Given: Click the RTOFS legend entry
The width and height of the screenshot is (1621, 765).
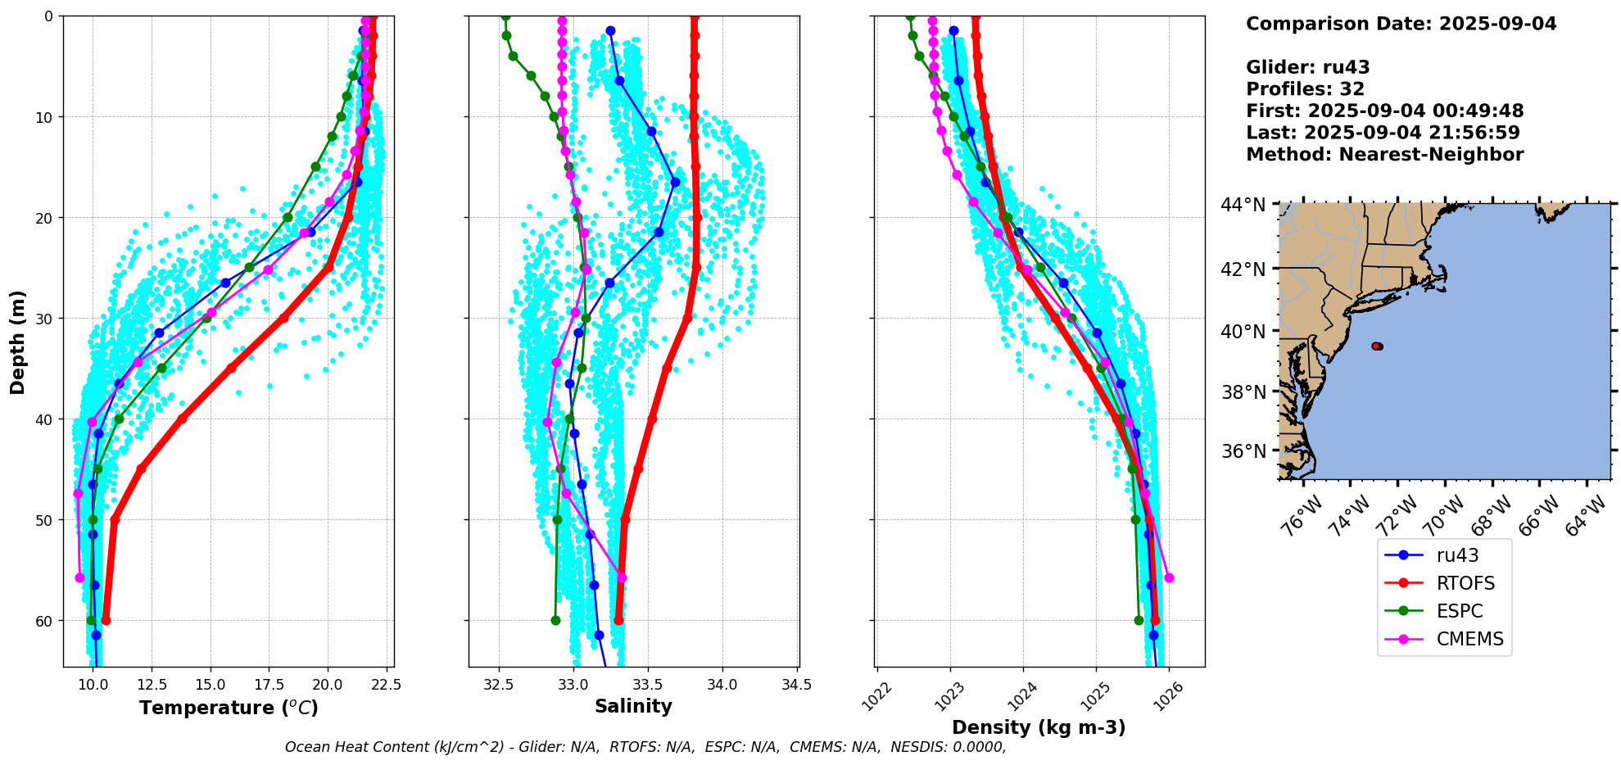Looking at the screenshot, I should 1465,583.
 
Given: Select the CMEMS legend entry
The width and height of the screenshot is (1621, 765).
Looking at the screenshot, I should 1469,639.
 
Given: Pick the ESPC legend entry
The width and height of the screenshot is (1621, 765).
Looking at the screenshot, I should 1459,611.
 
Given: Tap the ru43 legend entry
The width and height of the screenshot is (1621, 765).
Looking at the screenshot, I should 1457,555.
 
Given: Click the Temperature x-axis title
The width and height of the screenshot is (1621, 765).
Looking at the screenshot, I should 229,708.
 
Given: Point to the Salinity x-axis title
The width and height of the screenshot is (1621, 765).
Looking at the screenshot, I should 633,706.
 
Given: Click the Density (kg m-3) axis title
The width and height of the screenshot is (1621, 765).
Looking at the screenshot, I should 1039,727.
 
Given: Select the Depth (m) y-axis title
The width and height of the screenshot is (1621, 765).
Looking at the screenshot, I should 18,342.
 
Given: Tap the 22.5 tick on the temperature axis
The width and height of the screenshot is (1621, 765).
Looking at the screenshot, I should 381,685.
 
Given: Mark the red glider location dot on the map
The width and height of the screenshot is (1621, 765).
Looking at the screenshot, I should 1377,346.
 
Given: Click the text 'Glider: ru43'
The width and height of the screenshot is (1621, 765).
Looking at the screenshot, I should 1307,68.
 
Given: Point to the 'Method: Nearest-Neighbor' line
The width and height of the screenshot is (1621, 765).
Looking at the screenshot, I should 1384,155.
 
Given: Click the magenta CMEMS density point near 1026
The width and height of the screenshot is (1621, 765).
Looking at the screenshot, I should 1169,577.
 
